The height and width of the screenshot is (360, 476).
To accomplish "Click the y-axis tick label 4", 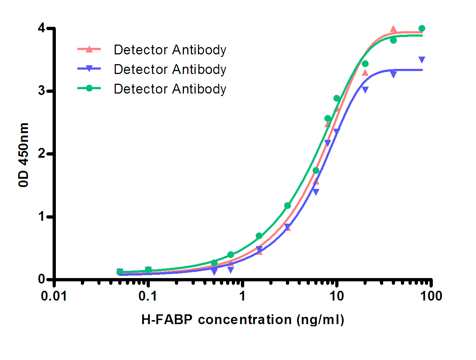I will point(42,28).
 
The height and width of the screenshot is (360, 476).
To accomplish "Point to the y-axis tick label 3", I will point(42,91).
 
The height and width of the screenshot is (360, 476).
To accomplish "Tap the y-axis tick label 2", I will point(42,154).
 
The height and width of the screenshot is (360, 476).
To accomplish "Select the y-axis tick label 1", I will point(42,217).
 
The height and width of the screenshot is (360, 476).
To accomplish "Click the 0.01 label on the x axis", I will point(54,296).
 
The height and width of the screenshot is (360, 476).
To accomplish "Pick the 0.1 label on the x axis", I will point(148,296).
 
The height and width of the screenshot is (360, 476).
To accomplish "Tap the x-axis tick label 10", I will point(336,296).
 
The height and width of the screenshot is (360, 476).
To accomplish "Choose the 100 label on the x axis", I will point(431,296).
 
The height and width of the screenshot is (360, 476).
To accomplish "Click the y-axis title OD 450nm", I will point(24,154).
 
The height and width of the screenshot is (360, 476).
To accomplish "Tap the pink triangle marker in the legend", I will point(89,49).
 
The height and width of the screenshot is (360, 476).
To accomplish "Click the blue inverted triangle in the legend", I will point(89,69).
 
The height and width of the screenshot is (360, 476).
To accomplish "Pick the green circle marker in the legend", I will point(89,88).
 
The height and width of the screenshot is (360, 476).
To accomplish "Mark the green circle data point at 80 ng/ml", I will point(422,28).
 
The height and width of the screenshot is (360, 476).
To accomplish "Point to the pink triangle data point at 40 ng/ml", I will point(393,29).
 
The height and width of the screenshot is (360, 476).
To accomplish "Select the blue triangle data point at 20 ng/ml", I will point(365,90).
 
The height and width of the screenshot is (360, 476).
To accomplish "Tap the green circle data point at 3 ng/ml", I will point(287,206).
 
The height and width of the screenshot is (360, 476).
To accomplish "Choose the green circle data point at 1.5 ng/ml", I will point(259,236).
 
